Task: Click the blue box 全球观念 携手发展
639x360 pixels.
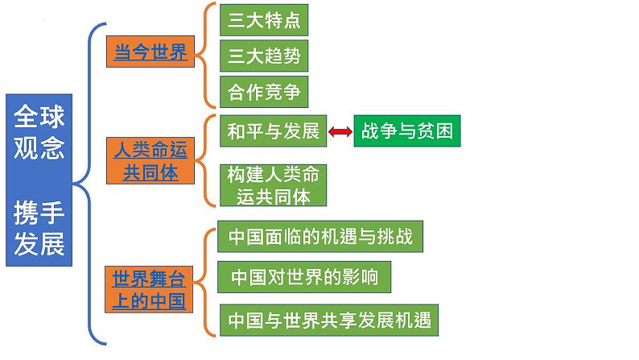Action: tap(39, 180)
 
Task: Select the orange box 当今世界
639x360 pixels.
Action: tap(150, 53)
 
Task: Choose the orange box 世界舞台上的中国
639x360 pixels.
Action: tap(149, 290)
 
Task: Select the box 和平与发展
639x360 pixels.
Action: tap(273, 131)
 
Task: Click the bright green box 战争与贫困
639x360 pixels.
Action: tap(406, 131)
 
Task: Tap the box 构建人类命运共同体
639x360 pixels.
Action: tap(265, 184)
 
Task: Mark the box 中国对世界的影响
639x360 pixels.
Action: tap(304, 277)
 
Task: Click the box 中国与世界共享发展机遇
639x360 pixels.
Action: tap(329, 320)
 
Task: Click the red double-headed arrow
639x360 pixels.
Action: tap(340, 131)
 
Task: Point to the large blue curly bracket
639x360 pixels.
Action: tap(90, 180)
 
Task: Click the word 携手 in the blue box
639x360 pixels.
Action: tap(39, 214)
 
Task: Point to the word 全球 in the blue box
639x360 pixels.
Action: tap(39, 118)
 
